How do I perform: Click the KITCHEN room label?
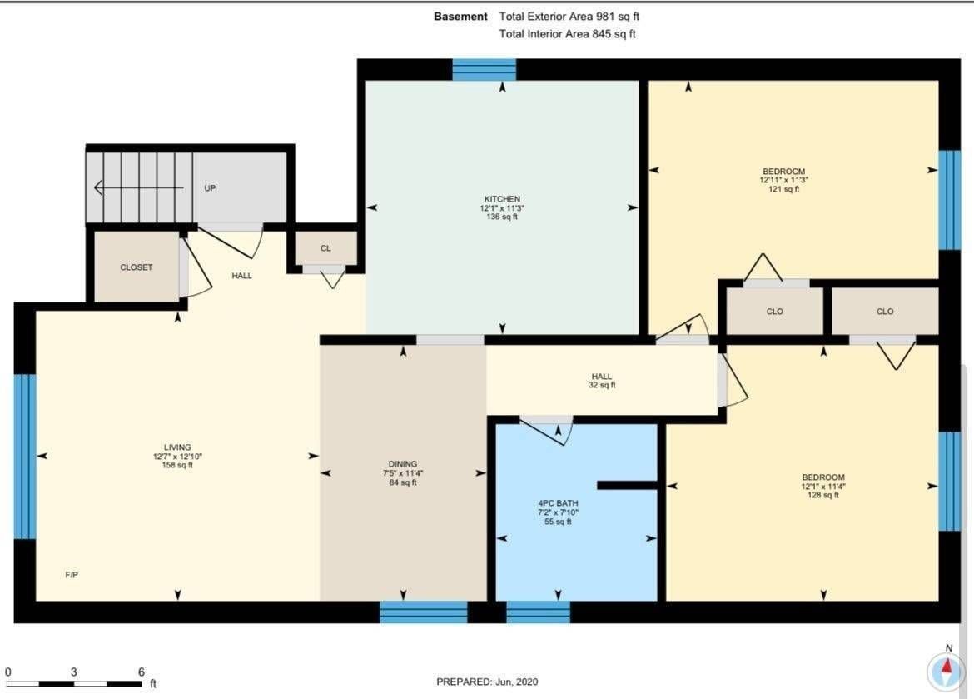click(x=502, y=199)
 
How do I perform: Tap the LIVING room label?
click(x=177, y=447)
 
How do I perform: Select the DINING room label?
click(x=403, y=464)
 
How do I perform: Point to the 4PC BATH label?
click(x=558, y=503)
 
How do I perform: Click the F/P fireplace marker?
click(x=72, y=575)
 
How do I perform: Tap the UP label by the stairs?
click(x=210, y=187)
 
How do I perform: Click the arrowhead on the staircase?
click(x=98, y=187)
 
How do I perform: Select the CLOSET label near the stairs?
click(x=136, y=267)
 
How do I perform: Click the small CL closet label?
click(x=325, y=248)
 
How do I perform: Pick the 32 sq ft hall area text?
click(x=602, y=385)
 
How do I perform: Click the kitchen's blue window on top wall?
click(x=484, y=70)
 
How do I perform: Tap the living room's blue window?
click(x=25, y=457)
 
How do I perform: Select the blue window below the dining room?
click(x=424, y=612)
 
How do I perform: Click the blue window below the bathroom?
click(x=538, y=612)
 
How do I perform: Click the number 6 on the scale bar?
click(x=141, y=672)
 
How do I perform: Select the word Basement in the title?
click(x=460, y=17)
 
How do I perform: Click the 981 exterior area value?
click(x=605, y=17)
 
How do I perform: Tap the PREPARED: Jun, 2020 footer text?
click(x=487, y=682)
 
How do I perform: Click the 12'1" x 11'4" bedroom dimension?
click(x=823, y=487)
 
